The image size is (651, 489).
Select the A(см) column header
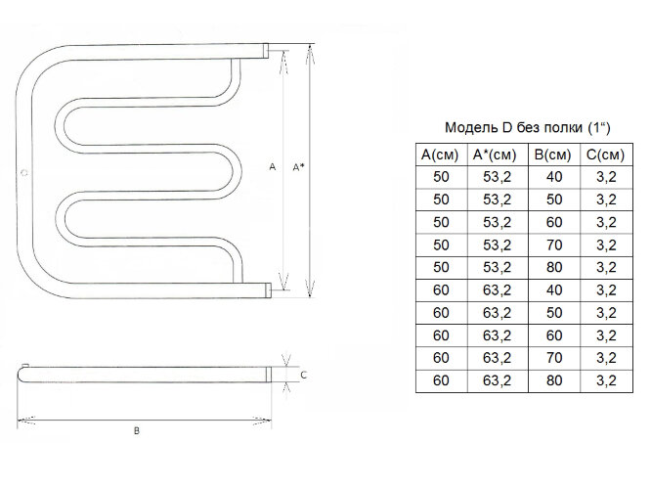point(440,155)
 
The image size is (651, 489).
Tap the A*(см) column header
point(495,155)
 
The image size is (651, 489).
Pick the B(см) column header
point(552,155)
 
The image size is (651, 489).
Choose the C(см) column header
point(605,155)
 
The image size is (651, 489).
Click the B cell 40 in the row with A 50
point(554,177)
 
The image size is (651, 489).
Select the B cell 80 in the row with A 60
point(554,380)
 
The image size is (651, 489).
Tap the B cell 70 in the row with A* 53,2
point(554,245)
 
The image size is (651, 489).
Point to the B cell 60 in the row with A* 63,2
point(554,335)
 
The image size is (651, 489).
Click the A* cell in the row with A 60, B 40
point(497,290)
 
